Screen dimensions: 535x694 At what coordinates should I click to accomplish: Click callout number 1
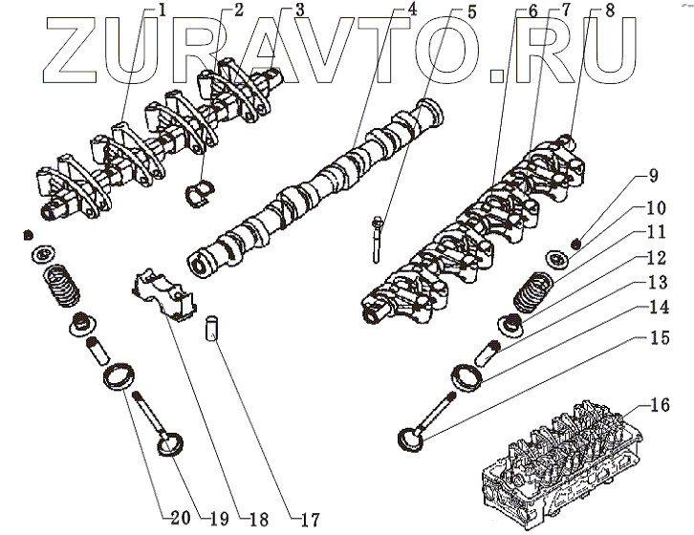163,11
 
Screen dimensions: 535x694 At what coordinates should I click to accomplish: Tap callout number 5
471,12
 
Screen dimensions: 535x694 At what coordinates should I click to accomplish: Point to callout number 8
626,11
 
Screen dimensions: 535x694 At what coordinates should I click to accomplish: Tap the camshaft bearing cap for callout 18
160,287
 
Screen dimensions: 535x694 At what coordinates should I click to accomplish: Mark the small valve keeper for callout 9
577,241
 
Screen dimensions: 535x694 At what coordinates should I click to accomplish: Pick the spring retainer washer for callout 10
554,261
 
